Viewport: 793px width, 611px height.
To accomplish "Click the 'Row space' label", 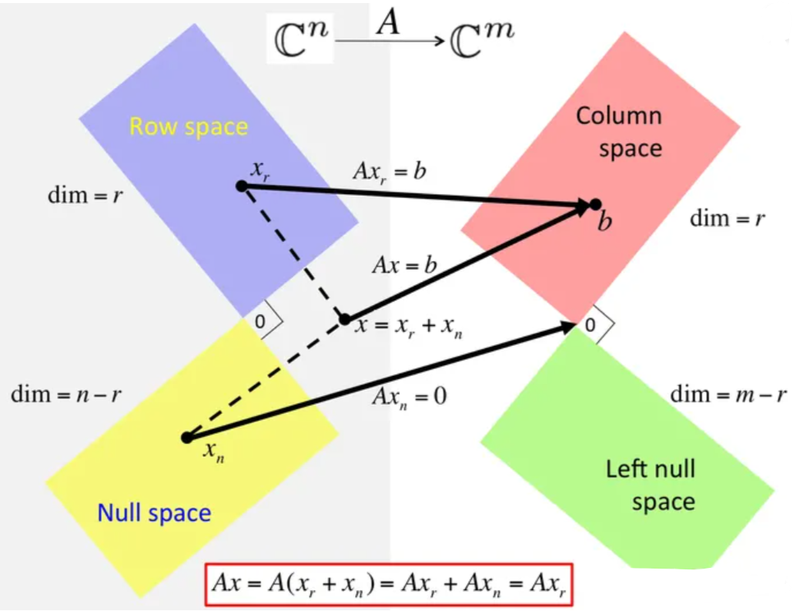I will pyautogui.click(x=189, y=126).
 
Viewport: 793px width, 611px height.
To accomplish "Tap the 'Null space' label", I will pyautogui.click(x=154, y=513).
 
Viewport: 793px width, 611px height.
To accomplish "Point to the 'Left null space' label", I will pyautogui.click(x=651, y=485).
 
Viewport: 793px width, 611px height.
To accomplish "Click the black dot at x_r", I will pyautogui.click(x=241, y=186).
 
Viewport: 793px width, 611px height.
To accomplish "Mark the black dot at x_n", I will pyautogui.click(x=186, y=438).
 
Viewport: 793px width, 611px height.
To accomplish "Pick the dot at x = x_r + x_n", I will pyautogui.click(x=345, y=319).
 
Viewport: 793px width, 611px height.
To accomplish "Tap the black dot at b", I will pyautogui.click(x=595, y=204).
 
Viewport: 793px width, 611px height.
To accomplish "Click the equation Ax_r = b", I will pyautogui.click(x=389, y=171).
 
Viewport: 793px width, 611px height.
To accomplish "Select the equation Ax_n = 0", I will pyautogui.click(x=409, y=397).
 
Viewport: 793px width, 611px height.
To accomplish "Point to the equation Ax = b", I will pyautogui.click(x=404, y=266).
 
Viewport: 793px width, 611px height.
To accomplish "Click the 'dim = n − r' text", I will pyautogui.click(x=66, y=395).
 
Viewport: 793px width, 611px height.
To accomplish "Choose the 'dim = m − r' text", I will pyautogui.click(x=728, y=395).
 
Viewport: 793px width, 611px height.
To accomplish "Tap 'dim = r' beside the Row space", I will pyautogui.click(x=85, y=194).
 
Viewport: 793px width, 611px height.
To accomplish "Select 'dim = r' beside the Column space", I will pyautogui.click(x=728, y=218).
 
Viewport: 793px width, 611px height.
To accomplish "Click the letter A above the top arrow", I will pyautogui.click(x=388, y=23).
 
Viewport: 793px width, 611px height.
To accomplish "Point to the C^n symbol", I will pyautogui.click(x=303, y=39).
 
